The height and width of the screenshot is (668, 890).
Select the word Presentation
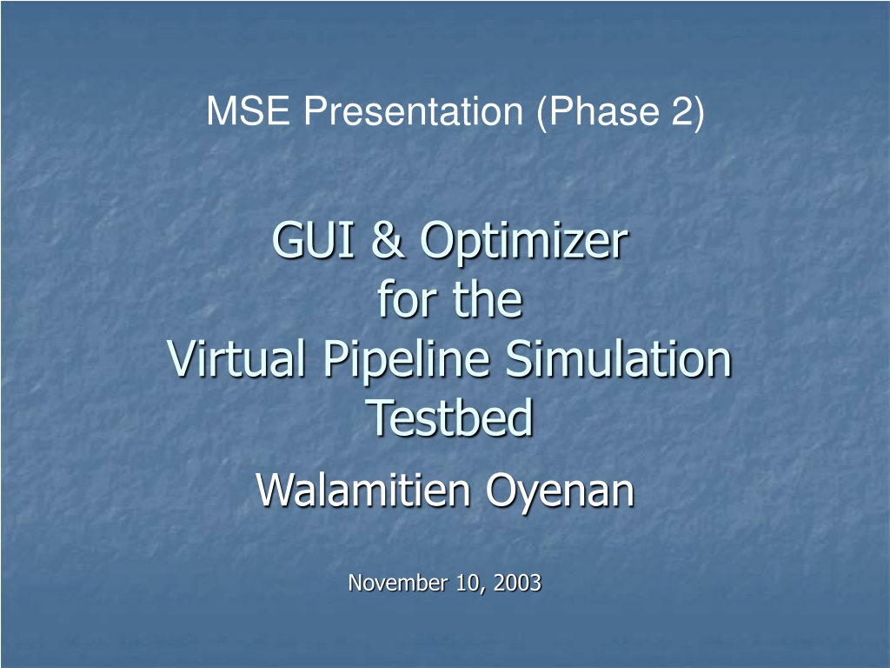point(413,110)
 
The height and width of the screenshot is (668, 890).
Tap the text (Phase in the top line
point(598,111)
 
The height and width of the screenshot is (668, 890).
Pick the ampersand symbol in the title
point(389,240)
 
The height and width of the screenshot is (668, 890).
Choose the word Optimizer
point(524,244)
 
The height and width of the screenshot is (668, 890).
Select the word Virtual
point(236,358)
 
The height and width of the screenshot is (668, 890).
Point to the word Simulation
point(618,358)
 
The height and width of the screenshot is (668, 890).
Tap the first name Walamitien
point(363,491)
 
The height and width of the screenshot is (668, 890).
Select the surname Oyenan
point(560,492)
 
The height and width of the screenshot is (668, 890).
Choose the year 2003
point(517,583)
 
